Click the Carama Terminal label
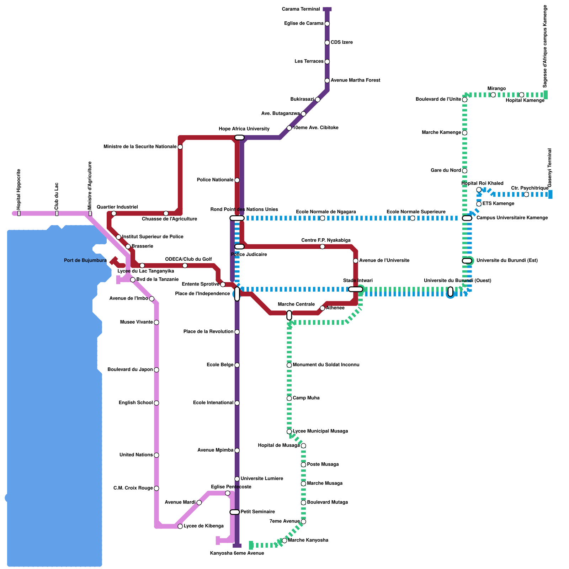click(301, 9)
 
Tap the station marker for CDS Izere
click(327, 43)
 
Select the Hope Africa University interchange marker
click(239, 138)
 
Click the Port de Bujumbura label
click(85, 261)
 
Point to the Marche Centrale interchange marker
click(289, 315)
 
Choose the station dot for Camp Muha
click(289, 398)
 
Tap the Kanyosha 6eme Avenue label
click(237, 553)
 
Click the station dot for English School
click(156, 403)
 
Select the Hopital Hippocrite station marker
click(19, 213)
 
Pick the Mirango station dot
click(493, 95)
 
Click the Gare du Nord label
click(446, 171)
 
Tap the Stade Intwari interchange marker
click(355, 289)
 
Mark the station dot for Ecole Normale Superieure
click(412, 218)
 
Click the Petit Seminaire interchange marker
click(235, 512)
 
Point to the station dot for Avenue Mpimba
click(237, 451)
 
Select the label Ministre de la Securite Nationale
click(140, 147)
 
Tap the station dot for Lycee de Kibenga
click(180, 526)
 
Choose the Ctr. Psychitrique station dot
click(526, 194)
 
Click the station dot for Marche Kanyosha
click(284, 541)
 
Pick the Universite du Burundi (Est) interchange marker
click(467, 261)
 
